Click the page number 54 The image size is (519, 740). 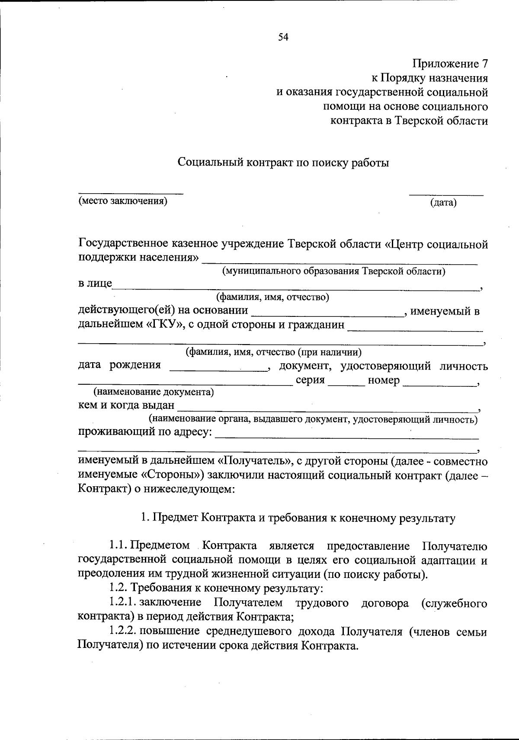[x=283, y=37]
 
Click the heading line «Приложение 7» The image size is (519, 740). [x=450, y=64]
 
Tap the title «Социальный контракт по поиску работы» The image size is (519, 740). [x=283, y=163]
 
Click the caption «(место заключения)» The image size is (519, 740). [x=122, y=201]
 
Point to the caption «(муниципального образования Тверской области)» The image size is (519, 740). [x=333, y=271]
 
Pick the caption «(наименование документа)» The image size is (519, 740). [x=154, y=392]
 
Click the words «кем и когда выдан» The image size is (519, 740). [x=126, y=406]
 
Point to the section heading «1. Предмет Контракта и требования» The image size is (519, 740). [x=298, y=518]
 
